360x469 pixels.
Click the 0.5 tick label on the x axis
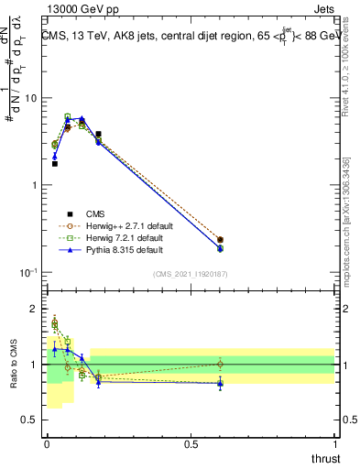click(191, 443)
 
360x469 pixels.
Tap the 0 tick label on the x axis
click(47, 443)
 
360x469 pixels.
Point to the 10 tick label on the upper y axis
click(30, 98)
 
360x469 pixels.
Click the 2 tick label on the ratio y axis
click(35, 309)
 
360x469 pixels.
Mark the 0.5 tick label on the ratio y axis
click(30, 421)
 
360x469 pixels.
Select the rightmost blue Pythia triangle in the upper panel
click(220, 248)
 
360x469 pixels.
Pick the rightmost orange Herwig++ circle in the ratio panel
click(220, 364)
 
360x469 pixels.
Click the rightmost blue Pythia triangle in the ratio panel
click(220, 384)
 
